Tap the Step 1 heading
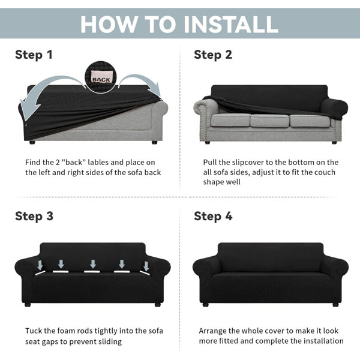tap(34, 55)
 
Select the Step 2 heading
tap(213, 55)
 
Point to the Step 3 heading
tap(34, 216)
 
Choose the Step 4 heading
tap(213, 216)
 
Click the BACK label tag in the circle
tap(102, 77)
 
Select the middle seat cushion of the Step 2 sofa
tap(270, 121)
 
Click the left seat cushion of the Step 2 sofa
tap(230, 120)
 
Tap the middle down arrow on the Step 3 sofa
tap(93, 264)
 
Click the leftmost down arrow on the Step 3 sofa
tap(40, 265)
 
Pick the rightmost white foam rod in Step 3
tap(145, 273)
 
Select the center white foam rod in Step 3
tap(92, 272)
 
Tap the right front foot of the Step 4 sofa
tap(335, 305)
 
